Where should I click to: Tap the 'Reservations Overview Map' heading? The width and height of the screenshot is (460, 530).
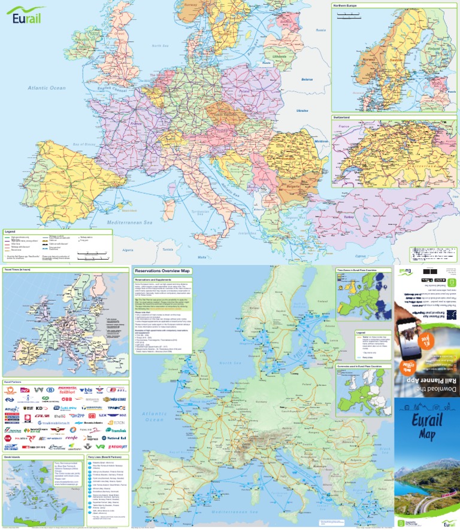[158, 270]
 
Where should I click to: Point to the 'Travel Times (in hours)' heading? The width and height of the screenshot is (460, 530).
[19, 270]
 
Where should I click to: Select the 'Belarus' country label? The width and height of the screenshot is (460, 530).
[307, 79]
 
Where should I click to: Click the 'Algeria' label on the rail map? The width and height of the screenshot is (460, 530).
[127, 249]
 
